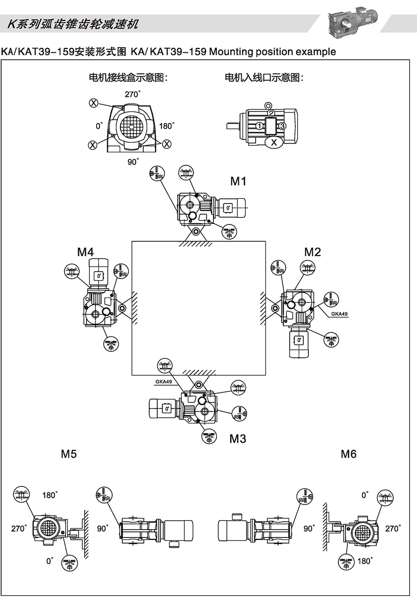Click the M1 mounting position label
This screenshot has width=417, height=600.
pyautogui.click(x=238, y=181)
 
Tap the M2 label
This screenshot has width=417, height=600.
pyautogui.click(x=312, y=252)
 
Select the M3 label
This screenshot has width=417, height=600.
pyautogui.click(x=238, y=439)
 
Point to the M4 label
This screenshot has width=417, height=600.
pyautogui.click(x=85, y=252)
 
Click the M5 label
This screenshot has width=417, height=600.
pyautogui.click(x=69, y=454)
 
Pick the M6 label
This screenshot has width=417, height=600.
pyautogui.click(x=348, y=454)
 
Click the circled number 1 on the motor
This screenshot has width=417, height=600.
pyautogui.click(x=259, y=126)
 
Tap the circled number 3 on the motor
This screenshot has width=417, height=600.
pyautogui.click(x=282, y=126)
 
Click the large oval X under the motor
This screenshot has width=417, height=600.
pyautogui.click(x=274, y=143)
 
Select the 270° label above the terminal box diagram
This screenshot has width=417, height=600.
pyautogui.click(x=132, y=94)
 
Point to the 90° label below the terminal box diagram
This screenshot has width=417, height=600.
pyautogui.click(x=132, y=162)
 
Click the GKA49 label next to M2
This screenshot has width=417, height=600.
pyautogui.click(x=339, y=314)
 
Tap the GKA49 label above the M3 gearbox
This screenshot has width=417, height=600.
pyautogui.click(x=163, y=382)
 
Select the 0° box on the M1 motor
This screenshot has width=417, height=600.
pyautogui.click(x=228, y=208)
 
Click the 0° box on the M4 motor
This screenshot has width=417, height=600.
pyautogui.click(x=99, y=276)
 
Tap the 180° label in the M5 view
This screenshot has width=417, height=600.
pyautogui.click(x=50, y=495)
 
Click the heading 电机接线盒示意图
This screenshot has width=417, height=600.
pyautogui.click(x=128, y=78)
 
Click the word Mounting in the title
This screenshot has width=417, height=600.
pyautogui.click(x=231, y=52)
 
